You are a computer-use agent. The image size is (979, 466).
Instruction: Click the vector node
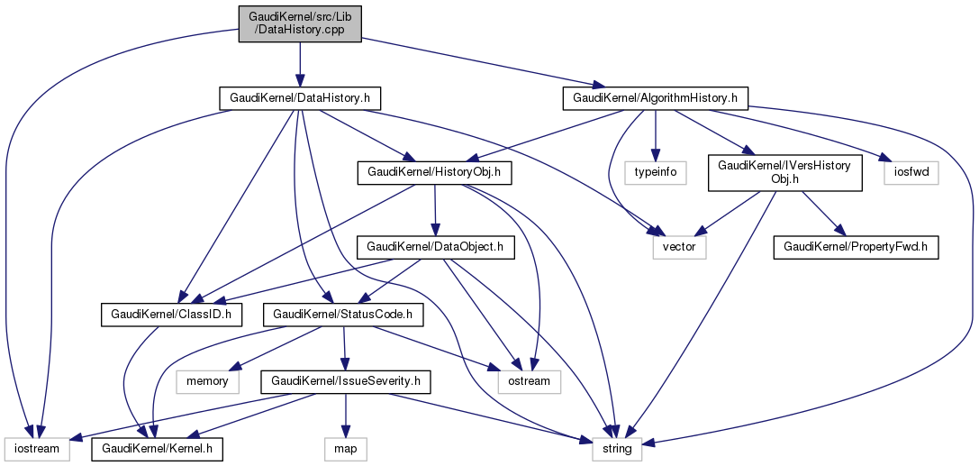(679, 246)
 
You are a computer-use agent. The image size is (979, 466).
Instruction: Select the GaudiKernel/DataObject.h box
(435, 246)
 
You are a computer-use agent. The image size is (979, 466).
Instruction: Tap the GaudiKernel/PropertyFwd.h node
(857, 246)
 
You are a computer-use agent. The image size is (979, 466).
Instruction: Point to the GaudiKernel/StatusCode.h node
(337, 315)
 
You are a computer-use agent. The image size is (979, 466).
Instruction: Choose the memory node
(208, 382)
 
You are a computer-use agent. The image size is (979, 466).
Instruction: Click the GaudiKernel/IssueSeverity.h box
(345, 382)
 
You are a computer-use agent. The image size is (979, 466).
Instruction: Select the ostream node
(529, 382)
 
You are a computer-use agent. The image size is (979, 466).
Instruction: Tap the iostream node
(36, 448)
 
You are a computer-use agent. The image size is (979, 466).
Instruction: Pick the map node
(345, 448)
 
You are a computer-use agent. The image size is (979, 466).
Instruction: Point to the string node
(616, 448)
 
